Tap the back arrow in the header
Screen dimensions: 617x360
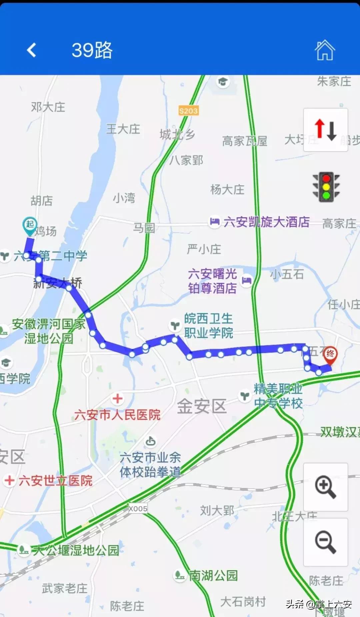pyautogui.click(x=32, y=50)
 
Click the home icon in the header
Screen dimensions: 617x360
pyautogui.click(x=324, y=50)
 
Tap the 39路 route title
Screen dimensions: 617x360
pyautogui.click(x=92, y=50)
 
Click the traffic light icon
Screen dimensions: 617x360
pyautogui.click(x=326, y=187)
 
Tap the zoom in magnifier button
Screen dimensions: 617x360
pyautogui.click(x=325, y=487)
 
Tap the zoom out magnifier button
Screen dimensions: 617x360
pyautogui.click(x=325, y=542)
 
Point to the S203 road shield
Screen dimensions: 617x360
pyautogui.click(x=188, y=111)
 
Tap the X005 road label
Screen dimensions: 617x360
pyautogui.click(x=138, y=509)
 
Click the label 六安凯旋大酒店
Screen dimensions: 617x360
pyautogui.click(x=266, y=222)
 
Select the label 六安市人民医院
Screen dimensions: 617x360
pyautogui.click(x=117, y=415)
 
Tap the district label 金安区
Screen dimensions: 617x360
pyautogui.click(x=202, y=406)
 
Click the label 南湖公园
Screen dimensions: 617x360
pyautogui.click(x=213, y=576)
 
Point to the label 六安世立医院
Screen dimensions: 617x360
pyautogui.click(x=55, y=481)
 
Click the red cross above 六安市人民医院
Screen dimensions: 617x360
pyautogui.click(x=117, y=398)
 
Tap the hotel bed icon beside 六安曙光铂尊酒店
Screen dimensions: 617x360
pyautogui.click(x=246, y=280)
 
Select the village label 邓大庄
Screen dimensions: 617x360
pyautogui.click(x=48, y=107)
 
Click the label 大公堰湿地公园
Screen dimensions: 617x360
pyautogui.click(x=76, y=550)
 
